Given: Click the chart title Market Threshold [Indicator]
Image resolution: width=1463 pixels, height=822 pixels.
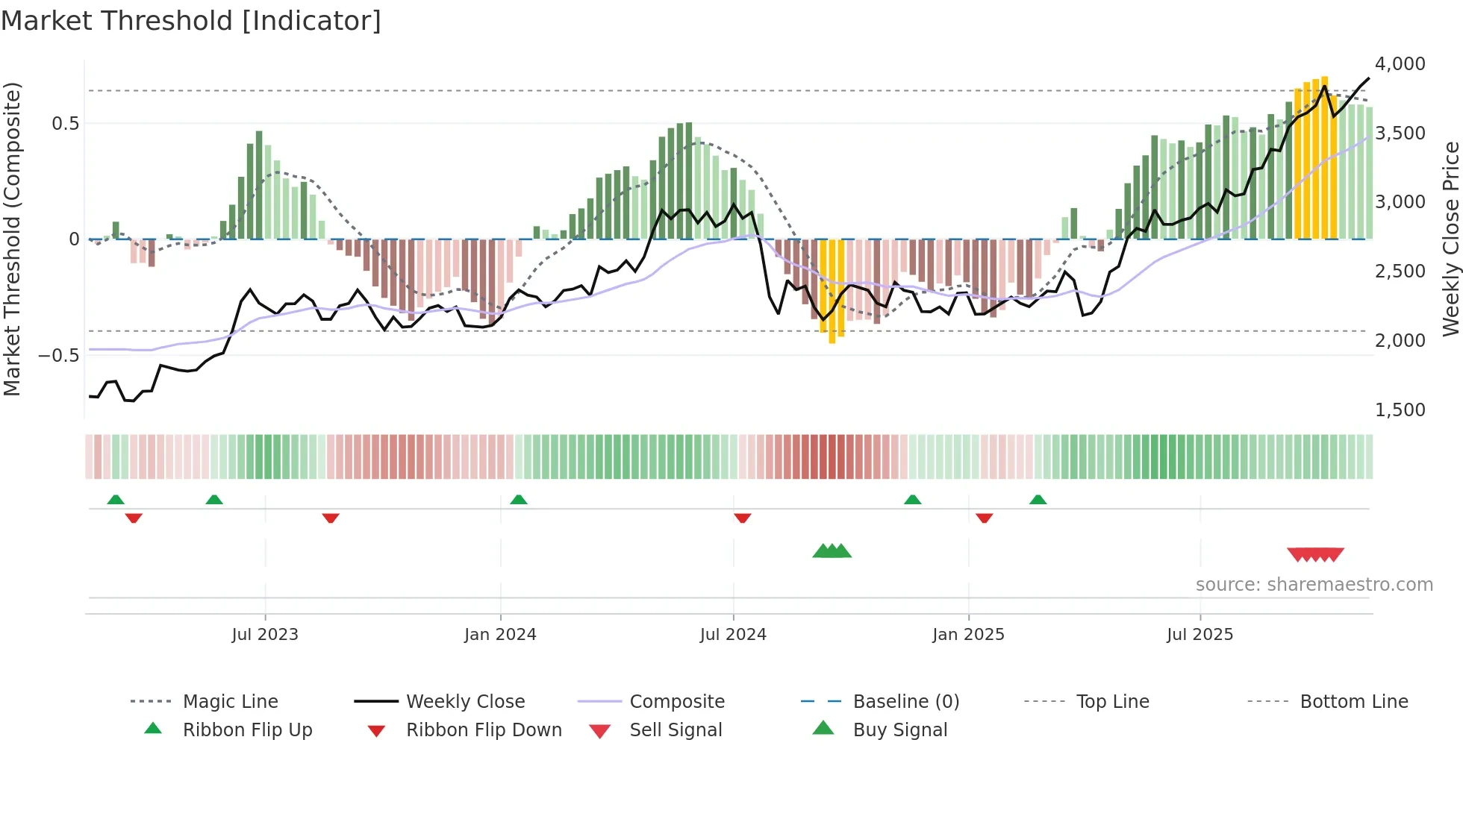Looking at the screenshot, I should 191,21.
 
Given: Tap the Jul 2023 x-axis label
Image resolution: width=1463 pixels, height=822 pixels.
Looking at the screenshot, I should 265,635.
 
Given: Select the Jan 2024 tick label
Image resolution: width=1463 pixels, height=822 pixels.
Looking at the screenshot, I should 500,635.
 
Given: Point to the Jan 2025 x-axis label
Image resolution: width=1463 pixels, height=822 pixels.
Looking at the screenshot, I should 968,635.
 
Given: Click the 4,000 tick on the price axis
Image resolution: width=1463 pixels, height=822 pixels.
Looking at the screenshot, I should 1400,64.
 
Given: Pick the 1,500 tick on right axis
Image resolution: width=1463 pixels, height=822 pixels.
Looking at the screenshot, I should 1400,410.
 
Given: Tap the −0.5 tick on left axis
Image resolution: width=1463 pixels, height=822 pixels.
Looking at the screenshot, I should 59,355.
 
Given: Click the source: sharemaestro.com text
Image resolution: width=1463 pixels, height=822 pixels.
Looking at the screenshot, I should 1314,585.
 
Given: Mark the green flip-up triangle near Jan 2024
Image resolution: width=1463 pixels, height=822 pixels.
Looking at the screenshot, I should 519,500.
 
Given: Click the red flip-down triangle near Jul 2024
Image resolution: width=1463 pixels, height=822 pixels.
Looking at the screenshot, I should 742,518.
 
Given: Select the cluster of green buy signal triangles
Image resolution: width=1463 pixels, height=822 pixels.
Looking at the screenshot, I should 832,551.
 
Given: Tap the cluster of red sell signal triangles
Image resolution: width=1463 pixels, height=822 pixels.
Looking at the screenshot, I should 1315,554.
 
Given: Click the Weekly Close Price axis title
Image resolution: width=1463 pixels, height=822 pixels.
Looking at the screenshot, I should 1450,239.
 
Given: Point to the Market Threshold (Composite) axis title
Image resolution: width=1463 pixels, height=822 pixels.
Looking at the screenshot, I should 12,239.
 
